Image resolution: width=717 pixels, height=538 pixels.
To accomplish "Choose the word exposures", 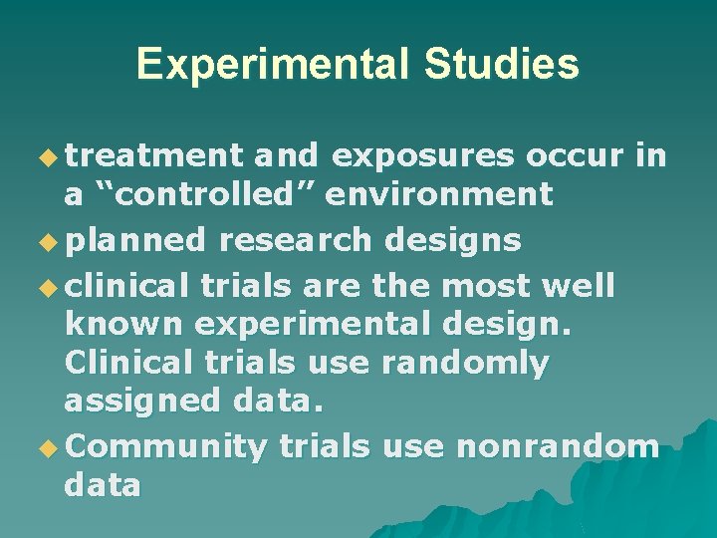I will coord(423,155).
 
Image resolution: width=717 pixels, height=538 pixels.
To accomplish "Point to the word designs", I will coord(460,240).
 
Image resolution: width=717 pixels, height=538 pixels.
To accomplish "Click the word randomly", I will coord(465,364).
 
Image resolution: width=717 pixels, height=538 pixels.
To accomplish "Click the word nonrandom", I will coord(557,447).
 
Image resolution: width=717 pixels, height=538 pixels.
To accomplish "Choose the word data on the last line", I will coord(103,485).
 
